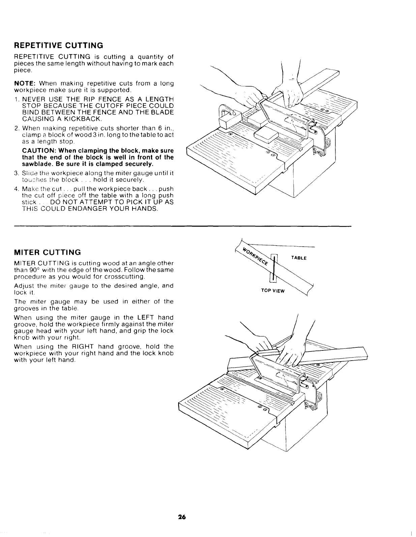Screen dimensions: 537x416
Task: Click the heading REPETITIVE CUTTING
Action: (x=58, y=45)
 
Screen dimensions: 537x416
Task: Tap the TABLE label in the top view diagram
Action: (x=299, y=258)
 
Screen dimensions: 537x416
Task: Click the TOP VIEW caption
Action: (x=273, y=291)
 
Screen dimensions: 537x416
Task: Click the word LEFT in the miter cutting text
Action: (x=145, y=317)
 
